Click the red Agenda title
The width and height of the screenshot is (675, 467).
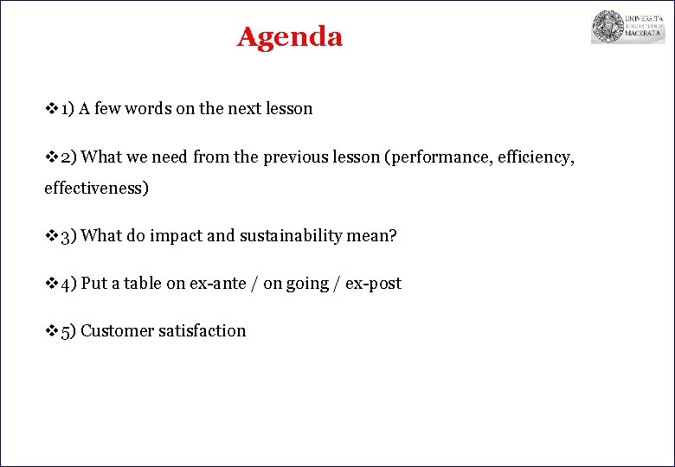click(x=290, y=37)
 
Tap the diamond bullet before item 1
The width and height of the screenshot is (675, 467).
click(x=51, y=109)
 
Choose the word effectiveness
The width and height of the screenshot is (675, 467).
click(x=96, y=188)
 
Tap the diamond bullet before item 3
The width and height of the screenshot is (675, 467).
click(x=51, y=236)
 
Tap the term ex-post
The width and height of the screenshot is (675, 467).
click(x=373, y=284)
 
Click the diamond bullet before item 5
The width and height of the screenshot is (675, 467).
click(x=51, y=330)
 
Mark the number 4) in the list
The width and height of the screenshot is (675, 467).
click(x=68, y=284)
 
